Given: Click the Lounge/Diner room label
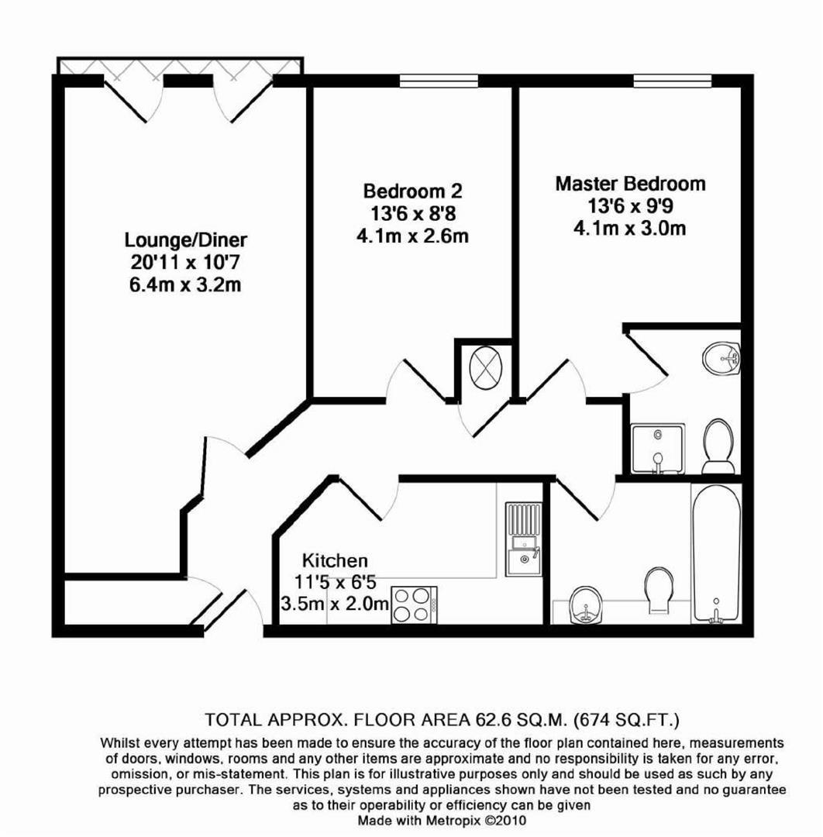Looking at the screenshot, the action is coord(186,239).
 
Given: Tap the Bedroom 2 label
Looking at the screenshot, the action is coord(412,191).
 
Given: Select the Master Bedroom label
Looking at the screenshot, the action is coord(630,184).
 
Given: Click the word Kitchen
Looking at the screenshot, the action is coord(335,560).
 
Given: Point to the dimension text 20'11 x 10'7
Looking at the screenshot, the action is coord(186,262).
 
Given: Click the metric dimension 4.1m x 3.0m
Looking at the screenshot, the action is coord(630,229).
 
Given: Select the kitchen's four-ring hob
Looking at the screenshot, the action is coord(414,604).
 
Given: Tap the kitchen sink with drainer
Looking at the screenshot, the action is coord(524,539).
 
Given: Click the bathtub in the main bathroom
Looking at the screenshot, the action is coord(717,553).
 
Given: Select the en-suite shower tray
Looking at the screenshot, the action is coord(657,449).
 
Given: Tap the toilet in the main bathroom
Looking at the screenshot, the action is coord(659,589).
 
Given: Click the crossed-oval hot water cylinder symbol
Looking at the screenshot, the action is coord(486,367).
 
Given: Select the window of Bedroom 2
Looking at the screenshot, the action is coord(439,81).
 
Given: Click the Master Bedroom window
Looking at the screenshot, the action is coord(673,81).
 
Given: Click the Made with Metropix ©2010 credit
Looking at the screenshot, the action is coord(442,820).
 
